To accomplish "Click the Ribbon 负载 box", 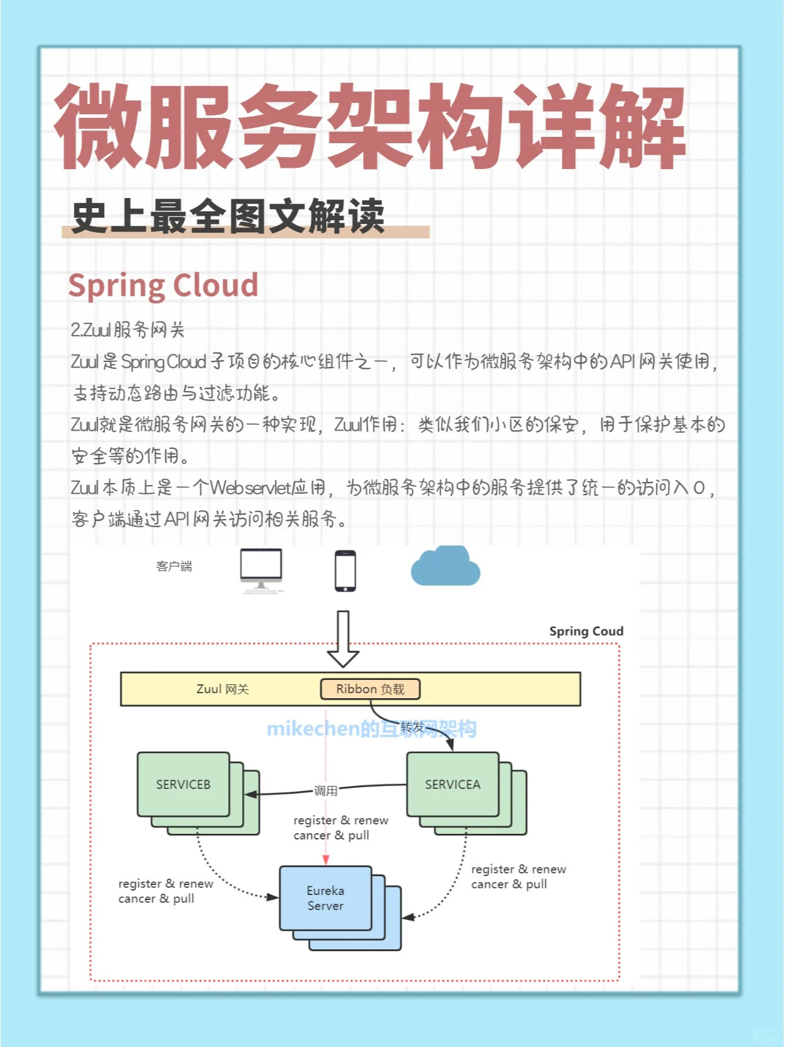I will [370, 689].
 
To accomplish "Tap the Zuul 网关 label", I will [223, 689].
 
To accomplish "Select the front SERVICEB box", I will [183, 784].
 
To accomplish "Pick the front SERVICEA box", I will [452, 784].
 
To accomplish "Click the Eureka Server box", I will [325, 898].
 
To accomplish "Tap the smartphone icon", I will [345, 571].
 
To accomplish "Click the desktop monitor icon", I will [261, 570].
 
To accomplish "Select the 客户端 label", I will [174, 566].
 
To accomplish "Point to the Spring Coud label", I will [586, 631].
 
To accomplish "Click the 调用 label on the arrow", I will [325, 791].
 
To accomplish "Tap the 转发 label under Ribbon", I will [413, 727].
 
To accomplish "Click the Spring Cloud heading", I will [163, 285].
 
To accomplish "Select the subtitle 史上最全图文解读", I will [228, 216].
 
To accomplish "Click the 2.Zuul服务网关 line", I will [127, 330].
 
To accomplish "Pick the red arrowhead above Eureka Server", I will [326, 860].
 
